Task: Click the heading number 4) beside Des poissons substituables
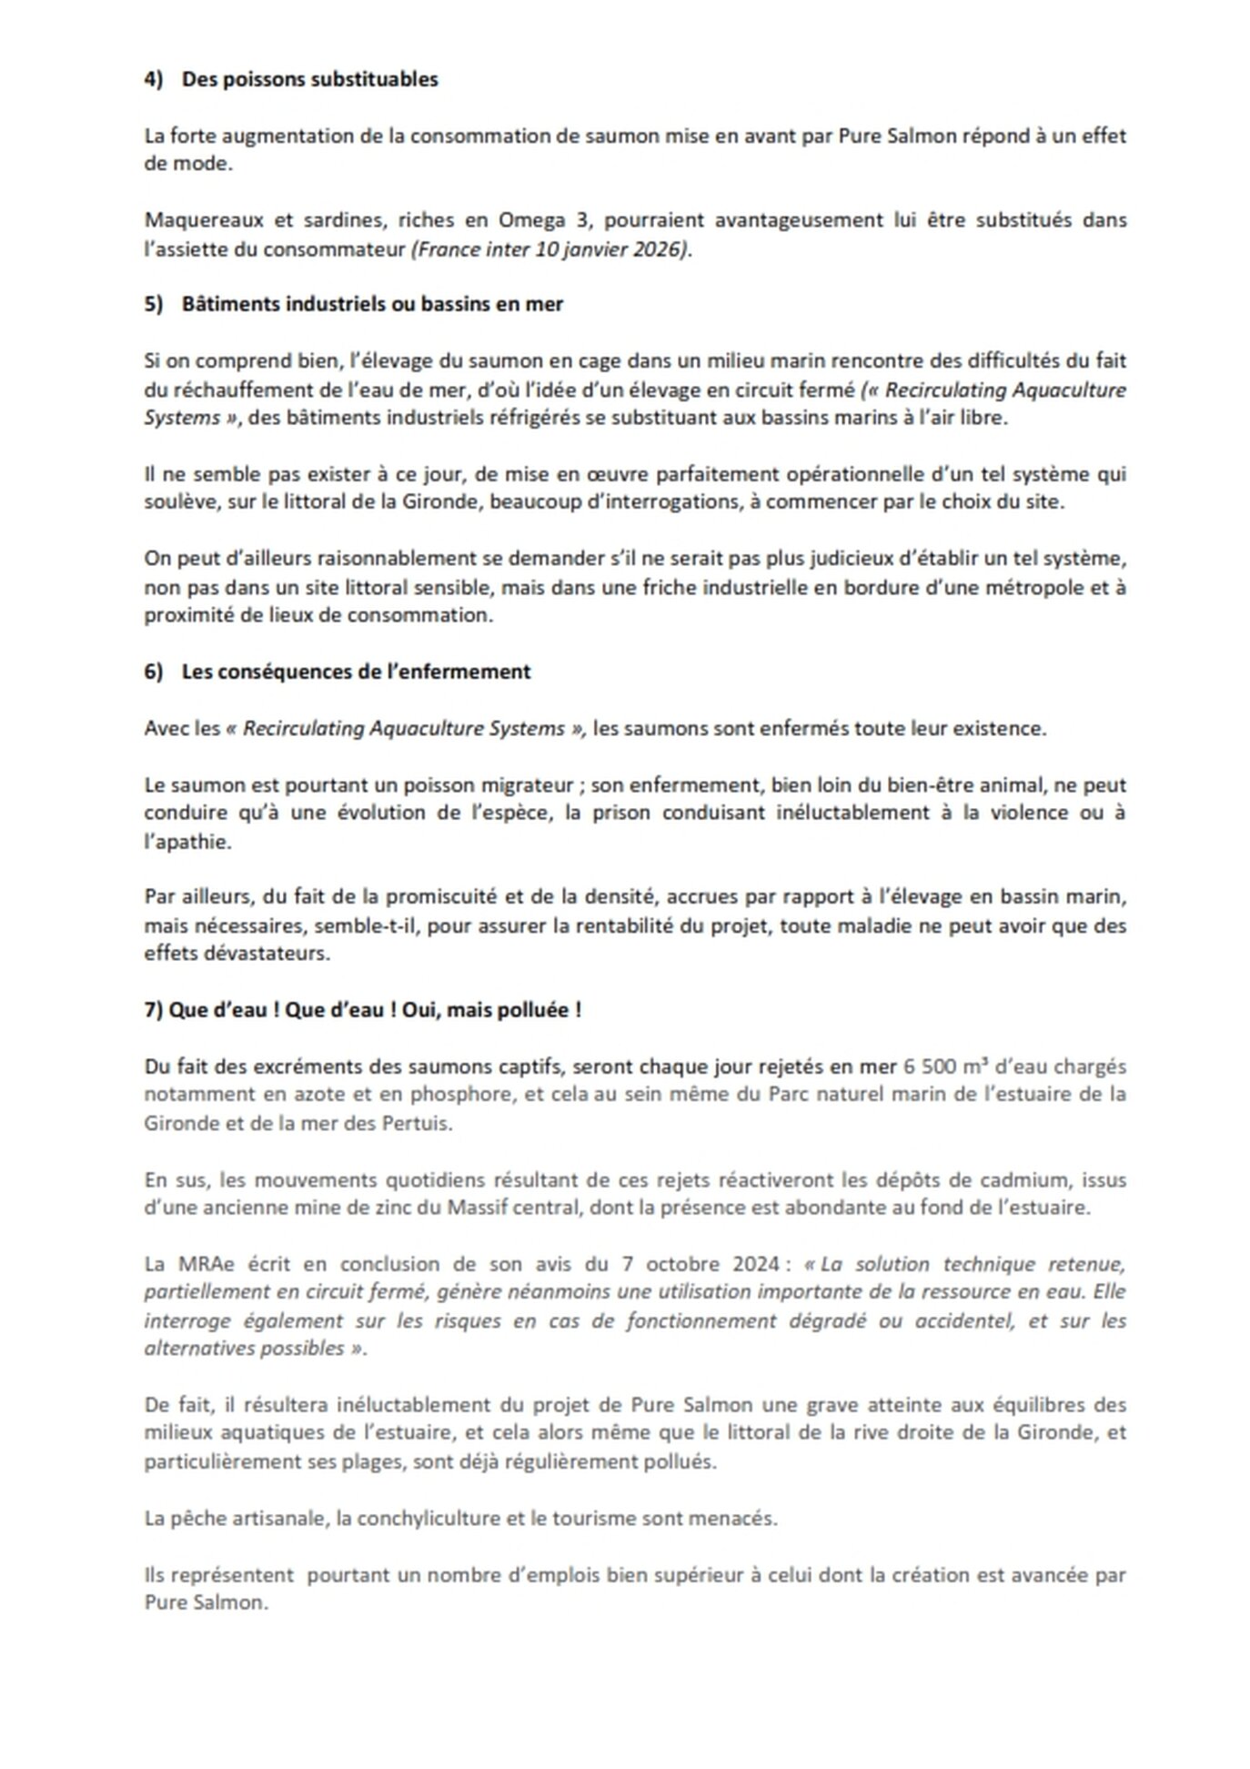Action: coord(153,79)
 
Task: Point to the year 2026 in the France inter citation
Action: coord(660,249)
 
